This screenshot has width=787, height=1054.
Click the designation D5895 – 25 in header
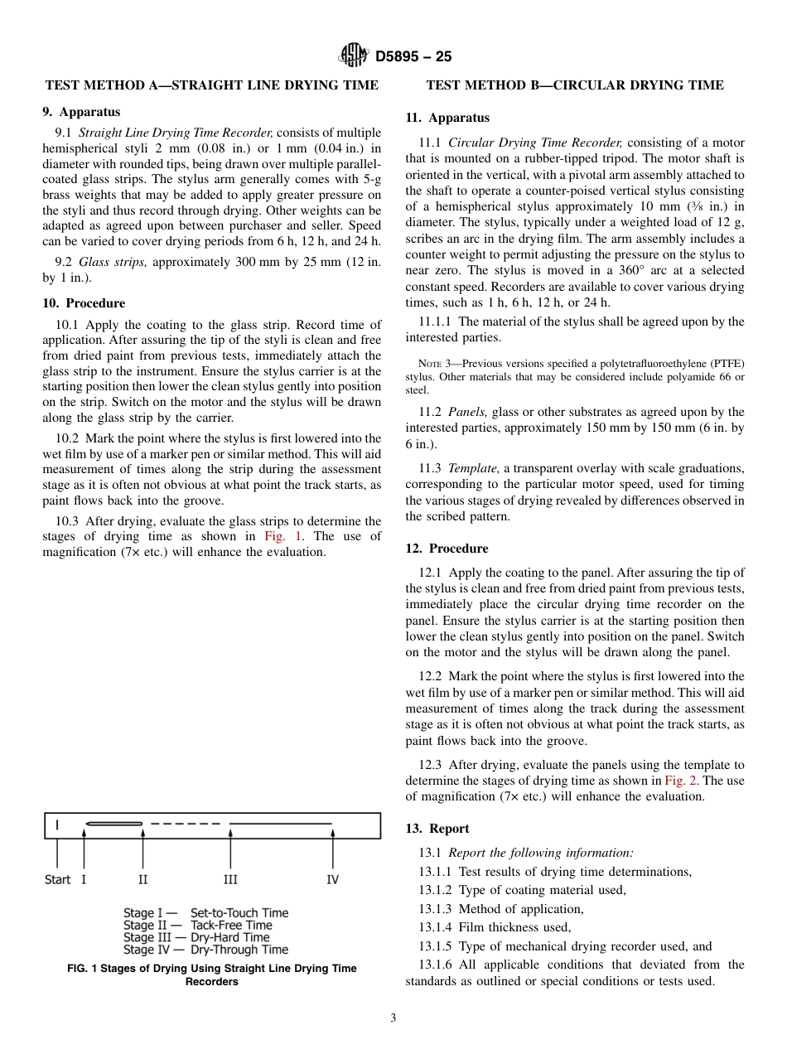[x=413, y=57]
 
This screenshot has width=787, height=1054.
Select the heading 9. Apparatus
[x=81, y=112]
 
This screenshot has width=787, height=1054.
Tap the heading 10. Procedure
[x=84, y=303]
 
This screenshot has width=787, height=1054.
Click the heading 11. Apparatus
[x=447, y=118]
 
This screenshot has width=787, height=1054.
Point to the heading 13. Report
[x=437, y=829]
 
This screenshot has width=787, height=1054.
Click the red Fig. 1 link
[x=279, y=536]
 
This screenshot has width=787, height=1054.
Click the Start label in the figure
[x=57, y=879]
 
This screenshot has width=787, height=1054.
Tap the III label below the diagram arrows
[x=230, y=879]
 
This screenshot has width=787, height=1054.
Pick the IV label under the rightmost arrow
[x=332, y=879]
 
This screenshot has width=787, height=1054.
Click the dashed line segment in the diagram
[x=186, y=824]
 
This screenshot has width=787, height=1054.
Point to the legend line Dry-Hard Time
[x=196, y=937]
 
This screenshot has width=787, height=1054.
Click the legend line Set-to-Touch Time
[x=205, y=913]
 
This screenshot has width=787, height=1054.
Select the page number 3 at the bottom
[x=393, y=1018]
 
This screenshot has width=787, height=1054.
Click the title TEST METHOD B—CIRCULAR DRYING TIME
[x=574, y=85]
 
